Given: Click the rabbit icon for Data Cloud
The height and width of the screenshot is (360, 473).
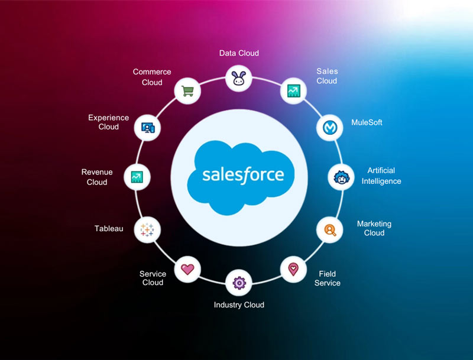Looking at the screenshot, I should point(239,77).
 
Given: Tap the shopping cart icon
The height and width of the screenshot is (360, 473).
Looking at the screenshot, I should point(188,91).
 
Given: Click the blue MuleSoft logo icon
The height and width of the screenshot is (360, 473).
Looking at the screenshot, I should point(329,127).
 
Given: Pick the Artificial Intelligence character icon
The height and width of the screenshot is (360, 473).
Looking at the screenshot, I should point(341,177).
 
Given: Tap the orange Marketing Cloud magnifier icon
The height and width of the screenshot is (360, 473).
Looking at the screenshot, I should point(329,229).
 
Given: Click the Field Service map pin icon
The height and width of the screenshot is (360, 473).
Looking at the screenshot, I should point(293,269).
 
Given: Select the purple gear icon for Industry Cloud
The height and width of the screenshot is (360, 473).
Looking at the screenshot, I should point(239,283).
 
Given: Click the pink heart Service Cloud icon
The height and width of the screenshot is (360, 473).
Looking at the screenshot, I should point(187,269).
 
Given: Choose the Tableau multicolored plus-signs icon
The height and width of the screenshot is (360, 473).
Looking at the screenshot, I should point(147,229).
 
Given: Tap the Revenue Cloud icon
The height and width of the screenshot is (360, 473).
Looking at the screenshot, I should point(137,177).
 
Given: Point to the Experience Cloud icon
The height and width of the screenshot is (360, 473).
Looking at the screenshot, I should point(147,127).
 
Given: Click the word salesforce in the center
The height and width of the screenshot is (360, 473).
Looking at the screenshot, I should point(243,175).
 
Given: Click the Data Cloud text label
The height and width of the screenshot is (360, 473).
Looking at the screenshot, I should point(239,53).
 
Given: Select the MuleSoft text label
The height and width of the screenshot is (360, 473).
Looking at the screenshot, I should point(367,122).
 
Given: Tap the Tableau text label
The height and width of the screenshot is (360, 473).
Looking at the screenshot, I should point(109,228).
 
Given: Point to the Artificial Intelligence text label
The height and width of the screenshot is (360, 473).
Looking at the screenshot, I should point(381,176).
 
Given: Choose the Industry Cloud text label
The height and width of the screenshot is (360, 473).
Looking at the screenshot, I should point(239,305).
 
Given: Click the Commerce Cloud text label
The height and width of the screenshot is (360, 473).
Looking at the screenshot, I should point(152,77).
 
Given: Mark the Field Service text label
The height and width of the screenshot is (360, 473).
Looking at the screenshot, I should point(328,278).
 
